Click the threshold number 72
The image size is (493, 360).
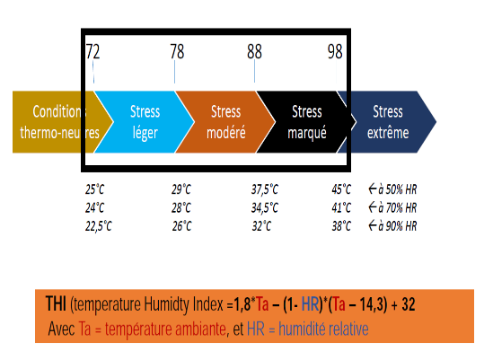pyautogui.click(x=93, y=52)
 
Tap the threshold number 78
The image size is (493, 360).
pyautogui.click(x=177, y=51)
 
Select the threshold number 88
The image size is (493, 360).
pyautogui.click(x=254, y=51)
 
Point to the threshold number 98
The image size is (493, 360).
pyautogui.click(x=335, y=51)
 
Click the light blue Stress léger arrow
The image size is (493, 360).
pyautogui.click(x=145, y=122)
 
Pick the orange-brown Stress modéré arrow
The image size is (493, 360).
pyautogui.click(x=225, y=122)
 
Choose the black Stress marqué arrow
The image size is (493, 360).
pyautogui.click(x=307, y=122)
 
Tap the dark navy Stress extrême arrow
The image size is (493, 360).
pyautogui.click(x=388, y=122)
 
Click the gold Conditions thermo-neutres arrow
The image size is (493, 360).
pyautogui.click(x=60, y=122)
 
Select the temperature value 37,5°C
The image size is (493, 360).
pyautogui.click(x=265, y=189)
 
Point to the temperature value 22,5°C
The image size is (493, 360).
pyautogui.click(x=99, y=226)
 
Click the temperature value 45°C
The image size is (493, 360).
pyautogui.click(x=341, y=189)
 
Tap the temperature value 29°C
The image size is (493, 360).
pyautogui.click(x=181, y=189)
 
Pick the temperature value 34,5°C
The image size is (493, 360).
pyautogui.click(x=265, y=207)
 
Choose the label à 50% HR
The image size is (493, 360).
pyautogui.click(x=398, y=189)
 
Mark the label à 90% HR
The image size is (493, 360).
pyautogui.click(x=398, y=226)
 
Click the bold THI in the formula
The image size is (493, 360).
pyautogui.click(x=56, y=303)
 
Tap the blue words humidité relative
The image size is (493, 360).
pyautogui.click(x=323, y=329)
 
